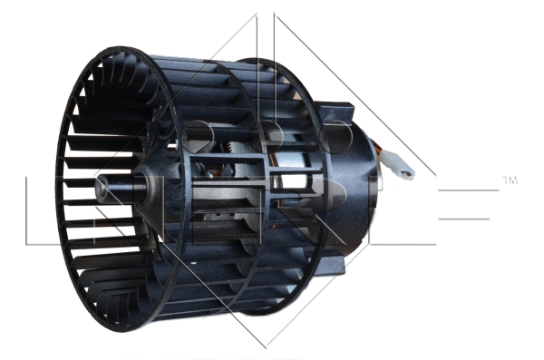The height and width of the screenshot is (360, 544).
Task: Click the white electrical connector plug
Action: tap(401, 169)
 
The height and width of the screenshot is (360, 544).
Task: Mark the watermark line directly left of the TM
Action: tap(467, 191)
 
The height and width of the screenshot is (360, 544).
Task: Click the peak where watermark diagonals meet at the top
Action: tap(269, 14)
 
